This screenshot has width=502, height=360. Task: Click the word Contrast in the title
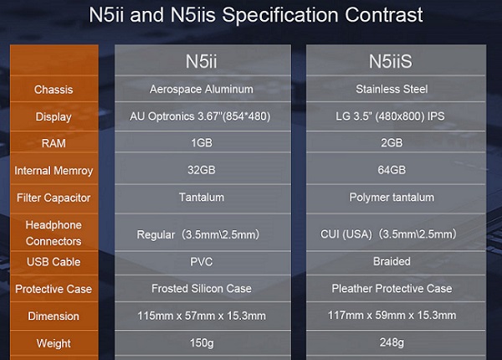tap(383, 15)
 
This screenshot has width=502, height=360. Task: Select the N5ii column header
tap(202, 61)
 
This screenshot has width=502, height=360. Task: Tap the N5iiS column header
tap(391, 61)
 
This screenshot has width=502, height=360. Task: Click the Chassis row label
tap(54, 90)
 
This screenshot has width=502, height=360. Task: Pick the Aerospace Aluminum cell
tap(202, 89)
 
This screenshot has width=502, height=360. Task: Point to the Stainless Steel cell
tap(392, 89)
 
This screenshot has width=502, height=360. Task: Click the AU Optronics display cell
tap(200, 116)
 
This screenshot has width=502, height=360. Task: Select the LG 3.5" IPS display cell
tap(390, 116)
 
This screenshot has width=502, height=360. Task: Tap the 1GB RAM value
tap(202, 142)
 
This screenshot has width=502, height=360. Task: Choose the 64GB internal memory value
tap(392, 170)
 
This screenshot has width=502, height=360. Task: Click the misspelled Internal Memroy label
tap(54, 171)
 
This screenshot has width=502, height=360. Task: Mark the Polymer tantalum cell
tap(392, 197)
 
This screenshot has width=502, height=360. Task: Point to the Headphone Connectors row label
tap(54, 233)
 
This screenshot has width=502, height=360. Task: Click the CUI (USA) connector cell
tap(388, 234)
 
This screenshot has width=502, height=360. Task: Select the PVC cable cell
tap(202, 262)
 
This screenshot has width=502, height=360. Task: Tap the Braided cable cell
tap(392, 261)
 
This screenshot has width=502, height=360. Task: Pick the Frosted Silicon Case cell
tap(202, 288)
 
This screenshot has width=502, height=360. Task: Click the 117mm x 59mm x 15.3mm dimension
tap(392, 315)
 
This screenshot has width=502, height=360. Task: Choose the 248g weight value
tap(392, 342)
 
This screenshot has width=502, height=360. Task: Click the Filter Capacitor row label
tap(54, 198)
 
